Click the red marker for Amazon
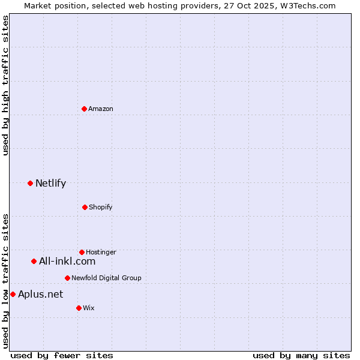[84, 109]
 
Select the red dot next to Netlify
[30, 183]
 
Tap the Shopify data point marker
[85, 207]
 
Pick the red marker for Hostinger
[82, 252]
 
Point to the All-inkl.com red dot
[34, 261]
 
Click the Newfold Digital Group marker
[67, 278]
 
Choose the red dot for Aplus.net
[13, 294]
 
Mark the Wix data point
[79, 308]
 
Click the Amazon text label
[101, 109]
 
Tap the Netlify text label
[50, 183]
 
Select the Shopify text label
[101, 207]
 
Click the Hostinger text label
[101, 252]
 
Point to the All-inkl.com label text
[67, 261]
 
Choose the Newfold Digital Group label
[106, 278]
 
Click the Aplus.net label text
[40, 294]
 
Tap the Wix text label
[89, 308]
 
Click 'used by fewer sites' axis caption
[62, 355]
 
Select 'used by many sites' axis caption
[301, 355]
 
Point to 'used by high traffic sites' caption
[5, 85]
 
